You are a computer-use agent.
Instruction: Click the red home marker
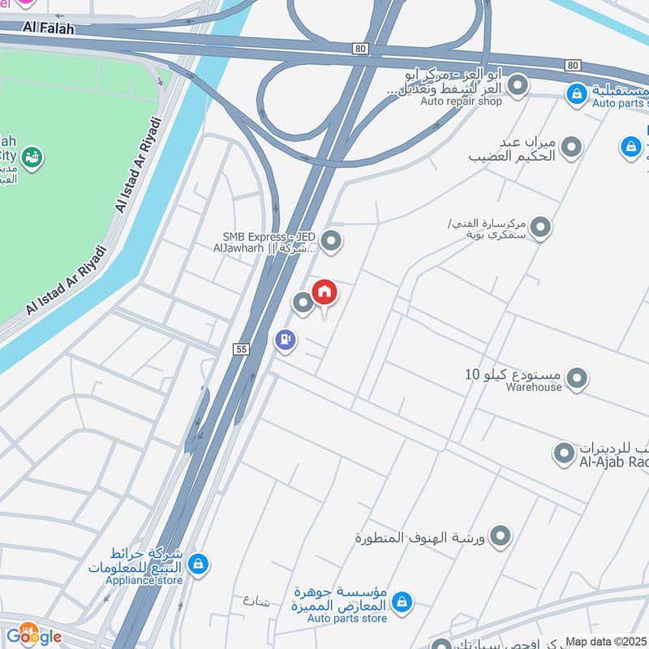(324, 292)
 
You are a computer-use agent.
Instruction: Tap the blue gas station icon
(285, 339)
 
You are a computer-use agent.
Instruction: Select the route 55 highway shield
(240, 349)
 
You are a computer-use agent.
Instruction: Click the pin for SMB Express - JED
(330, 240)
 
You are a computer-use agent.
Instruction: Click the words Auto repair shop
(461, 101)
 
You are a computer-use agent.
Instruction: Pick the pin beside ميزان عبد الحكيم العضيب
(572, 148)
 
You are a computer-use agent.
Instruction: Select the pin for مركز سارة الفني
(540, 228)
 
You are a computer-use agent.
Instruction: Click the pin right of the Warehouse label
(577, 378)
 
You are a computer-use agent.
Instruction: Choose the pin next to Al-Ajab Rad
(564, 453)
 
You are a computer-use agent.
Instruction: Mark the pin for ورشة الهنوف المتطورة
(501, 535)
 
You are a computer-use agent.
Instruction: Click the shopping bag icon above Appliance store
(198, 562)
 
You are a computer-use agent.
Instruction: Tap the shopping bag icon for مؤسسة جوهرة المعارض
(401, 602)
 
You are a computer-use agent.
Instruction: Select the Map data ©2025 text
(606, 641)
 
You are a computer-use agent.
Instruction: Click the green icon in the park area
(32, 156)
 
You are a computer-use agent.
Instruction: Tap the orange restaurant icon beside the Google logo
(29, 629)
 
